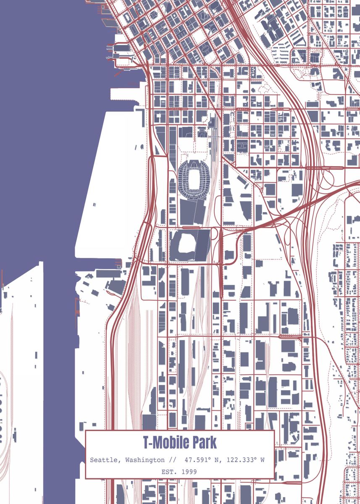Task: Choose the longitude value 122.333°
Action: [242, 460]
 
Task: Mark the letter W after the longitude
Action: [262, 460]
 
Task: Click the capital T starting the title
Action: [145, 442]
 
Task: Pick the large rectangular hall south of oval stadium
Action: [192, 211]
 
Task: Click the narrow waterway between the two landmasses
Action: [59, 357]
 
